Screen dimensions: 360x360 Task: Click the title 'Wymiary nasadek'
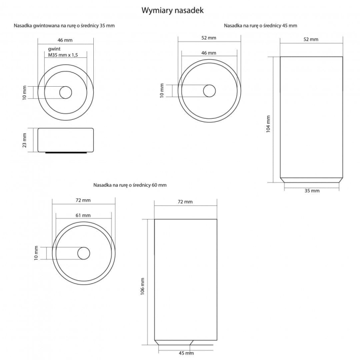(x=180, y=10)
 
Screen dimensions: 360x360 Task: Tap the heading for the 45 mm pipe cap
(x=261, y=25)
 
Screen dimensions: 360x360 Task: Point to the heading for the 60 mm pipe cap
(x=130, y=185)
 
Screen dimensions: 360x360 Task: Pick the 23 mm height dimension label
(x=24, y=140)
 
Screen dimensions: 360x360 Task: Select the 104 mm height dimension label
(x=268, y=123)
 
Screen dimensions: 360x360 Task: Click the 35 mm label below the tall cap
(x=311, y=191)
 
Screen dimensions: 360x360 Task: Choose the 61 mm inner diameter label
(x=83, y=215)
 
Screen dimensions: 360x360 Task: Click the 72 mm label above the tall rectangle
(x=185, y=202)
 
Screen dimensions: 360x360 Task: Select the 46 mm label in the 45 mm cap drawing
(x=208, y=53)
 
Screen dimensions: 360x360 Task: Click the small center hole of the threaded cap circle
(x=65, y=92)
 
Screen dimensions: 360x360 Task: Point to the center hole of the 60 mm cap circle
(x=83, y=253)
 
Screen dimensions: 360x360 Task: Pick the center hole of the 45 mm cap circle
(x=209, y=91)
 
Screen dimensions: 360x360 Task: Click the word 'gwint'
(x=54, y=49)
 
